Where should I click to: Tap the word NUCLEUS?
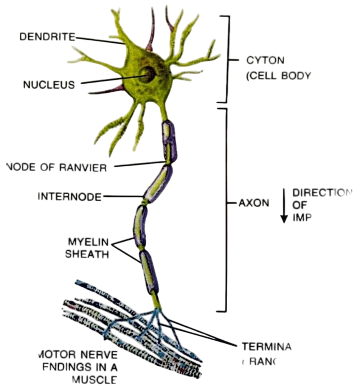pos(49,85)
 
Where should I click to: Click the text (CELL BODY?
pos(278,75)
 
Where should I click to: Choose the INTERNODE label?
pos(70,197)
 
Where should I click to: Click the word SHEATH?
pos(87,254)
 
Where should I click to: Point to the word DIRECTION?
pos(320,192)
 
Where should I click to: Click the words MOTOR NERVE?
pos(78,355)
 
